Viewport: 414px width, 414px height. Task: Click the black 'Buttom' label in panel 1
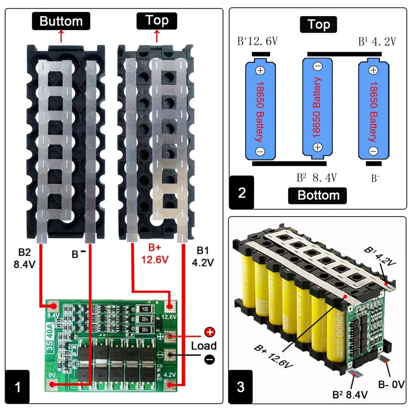61,21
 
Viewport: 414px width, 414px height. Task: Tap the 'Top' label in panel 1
157,21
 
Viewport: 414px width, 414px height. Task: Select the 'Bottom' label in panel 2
318,195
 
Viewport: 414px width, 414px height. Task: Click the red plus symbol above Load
210,333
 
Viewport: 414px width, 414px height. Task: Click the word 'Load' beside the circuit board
203,346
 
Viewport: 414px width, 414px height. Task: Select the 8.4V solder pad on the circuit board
52,306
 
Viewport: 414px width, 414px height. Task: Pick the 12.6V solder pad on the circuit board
170,307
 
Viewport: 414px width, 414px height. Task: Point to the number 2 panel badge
242,193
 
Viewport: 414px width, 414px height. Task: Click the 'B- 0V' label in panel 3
391,384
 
